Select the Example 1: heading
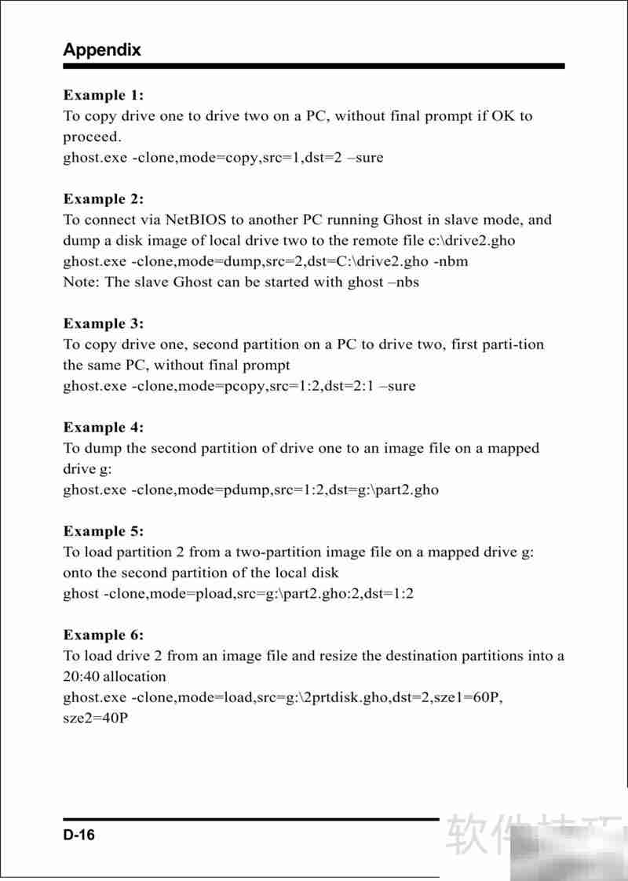point(104,95)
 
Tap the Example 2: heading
point(104,198)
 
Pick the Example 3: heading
point(104,323)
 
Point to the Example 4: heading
point(104,428)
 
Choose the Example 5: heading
point(104,531)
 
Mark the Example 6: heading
point(104,635)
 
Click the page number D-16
point(79,835)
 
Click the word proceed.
point(91,137)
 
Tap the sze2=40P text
point(95,718)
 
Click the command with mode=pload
point(238,593)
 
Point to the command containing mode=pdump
point(250,490)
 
